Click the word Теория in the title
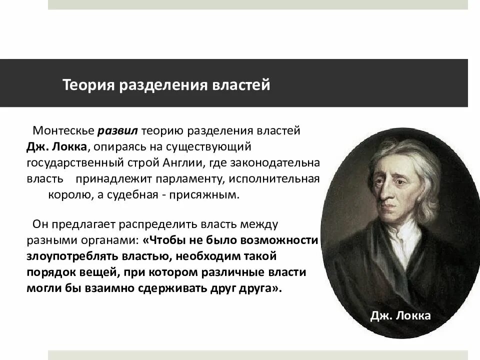tap(88, 84)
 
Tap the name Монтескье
tap(63, 131)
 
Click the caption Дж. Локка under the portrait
tap(400, 315)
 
